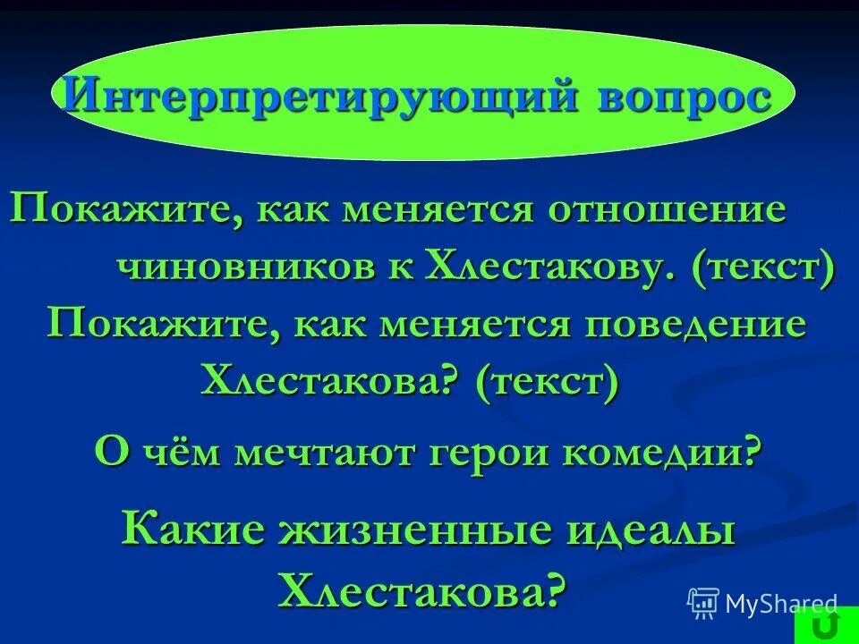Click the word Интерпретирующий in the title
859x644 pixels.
click(318, 94)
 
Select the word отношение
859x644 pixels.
click(668, 211)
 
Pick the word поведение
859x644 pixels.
click(698, 324)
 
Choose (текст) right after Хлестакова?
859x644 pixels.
click(546, 383)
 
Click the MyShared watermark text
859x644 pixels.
click(780, 604)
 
